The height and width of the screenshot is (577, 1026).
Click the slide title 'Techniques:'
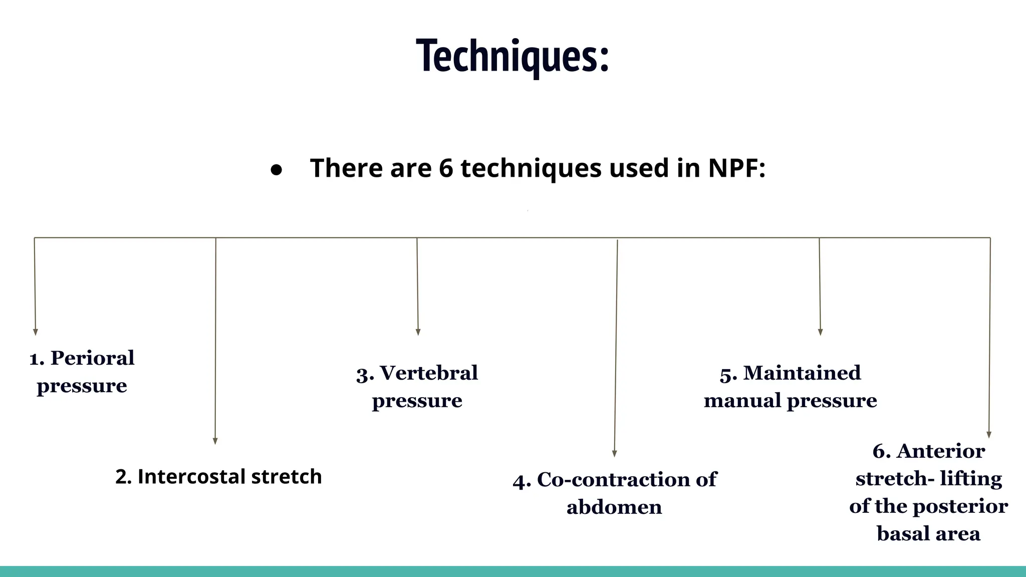point(512,56)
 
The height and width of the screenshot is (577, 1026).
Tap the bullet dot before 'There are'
point(276,170)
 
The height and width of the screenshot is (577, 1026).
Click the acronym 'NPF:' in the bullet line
point(736,168)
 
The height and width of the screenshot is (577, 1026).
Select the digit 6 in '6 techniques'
point(446,168)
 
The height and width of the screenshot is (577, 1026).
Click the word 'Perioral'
point(93,358)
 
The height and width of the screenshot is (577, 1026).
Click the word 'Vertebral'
point(429,373)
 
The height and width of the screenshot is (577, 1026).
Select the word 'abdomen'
point(614,507)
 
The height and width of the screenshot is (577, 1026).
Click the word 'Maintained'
point(802,373)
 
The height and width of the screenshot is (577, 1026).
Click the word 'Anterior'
point(940,451)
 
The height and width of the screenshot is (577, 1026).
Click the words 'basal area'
point(928,534)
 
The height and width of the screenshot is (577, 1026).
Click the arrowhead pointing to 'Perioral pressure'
point(36,332)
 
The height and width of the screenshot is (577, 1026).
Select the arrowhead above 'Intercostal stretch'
point(215,441)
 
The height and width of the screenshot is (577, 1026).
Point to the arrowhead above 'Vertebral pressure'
point(418,332)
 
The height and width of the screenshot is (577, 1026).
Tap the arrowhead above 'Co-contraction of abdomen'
point(615,453)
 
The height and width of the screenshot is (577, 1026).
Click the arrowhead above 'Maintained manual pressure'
point(821,332)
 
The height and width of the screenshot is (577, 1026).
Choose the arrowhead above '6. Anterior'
point(989,435)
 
